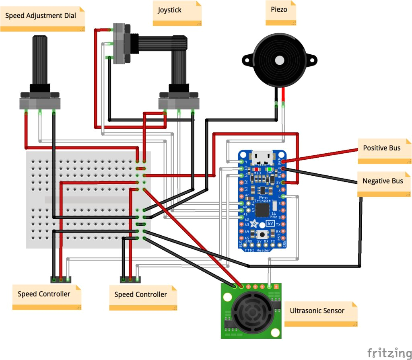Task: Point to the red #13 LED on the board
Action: pos(256,169)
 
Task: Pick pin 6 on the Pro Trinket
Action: pos(284,197)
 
